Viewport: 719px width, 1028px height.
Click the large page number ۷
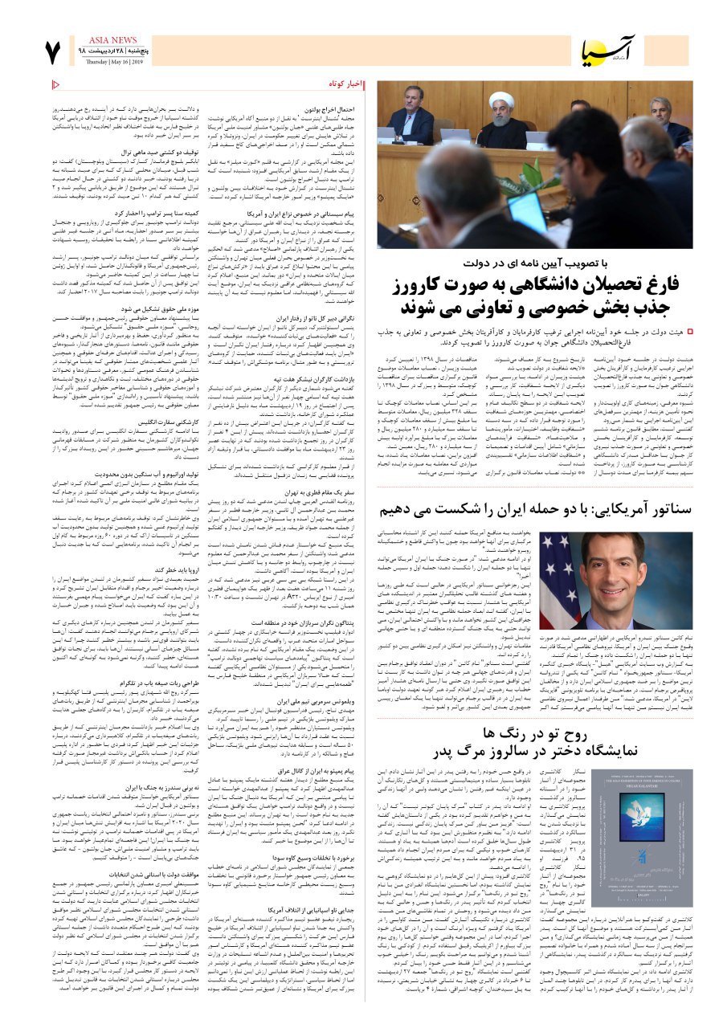[52, 52]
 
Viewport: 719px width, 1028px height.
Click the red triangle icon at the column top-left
[55, 84]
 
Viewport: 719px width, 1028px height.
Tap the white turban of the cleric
[501, 100]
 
